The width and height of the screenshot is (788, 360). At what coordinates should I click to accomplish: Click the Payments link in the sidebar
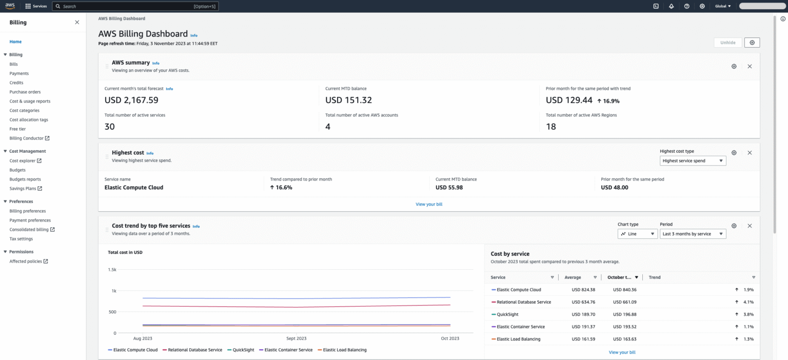[19, 73]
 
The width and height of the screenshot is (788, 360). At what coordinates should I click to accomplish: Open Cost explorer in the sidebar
[23, 161]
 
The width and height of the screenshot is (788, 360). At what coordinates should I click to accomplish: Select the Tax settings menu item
[21, 238]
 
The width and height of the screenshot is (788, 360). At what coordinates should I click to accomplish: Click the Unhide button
[727, 43]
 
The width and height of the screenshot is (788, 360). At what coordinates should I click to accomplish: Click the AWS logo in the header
[10, 6]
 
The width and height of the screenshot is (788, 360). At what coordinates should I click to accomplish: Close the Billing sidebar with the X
[77, 23]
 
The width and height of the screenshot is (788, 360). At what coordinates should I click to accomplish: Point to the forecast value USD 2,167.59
[131, 100]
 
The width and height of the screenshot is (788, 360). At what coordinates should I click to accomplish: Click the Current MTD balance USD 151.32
[348, 100]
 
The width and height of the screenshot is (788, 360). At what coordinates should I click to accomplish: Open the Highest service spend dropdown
[693, 161]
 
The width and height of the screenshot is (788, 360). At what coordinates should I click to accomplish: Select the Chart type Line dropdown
[637, 233]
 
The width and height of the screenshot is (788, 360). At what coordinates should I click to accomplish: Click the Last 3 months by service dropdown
[693, 233]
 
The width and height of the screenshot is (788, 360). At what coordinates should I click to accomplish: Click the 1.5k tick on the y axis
[112, 269]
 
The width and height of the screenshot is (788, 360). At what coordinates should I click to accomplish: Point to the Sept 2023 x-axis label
[297, 338]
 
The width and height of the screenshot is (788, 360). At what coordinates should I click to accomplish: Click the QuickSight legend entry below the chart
[241, 350]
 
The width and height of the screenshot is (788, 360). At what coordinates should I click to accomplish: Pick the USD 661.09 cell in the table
[624, 302]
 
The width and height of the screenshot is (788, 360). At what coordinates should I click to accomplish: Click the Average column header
[573, 277]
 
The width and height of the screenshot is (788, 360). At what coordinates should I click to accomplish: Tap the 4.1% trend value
[748, 302]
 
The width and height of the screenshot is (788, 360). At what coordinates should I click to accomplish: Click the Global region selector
[723, 6]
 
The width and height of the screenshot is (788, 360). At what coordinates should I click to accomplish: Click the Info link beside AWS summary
[155, 63]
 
